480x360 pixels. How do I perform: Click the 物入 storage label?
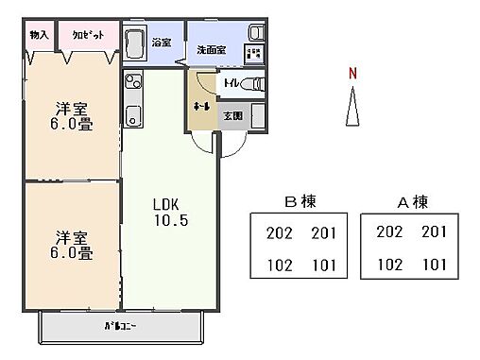click(39, 34)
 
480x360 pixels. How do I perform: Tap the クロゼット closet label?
click(88, 34)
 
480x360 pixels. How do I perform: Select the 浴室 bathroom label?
click(162, 43)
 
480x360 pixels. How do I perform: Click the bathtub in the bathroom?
click(135, 43)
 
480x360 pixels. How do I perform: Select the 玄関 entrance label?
click(231, 115)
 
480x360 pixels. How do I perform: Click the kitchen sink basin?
click(132, 118)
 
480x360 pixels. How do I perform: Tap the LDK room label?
click(166, 204)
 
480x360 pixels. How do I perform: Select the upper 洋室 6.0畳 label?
click(72, 117)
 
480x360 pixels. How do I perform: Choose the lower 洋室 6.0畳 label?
click(72, 245)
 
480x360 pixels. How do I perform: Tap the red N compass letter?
click(352, 73)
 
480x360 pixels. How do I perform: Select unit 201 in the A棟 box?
click(434, 231)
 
